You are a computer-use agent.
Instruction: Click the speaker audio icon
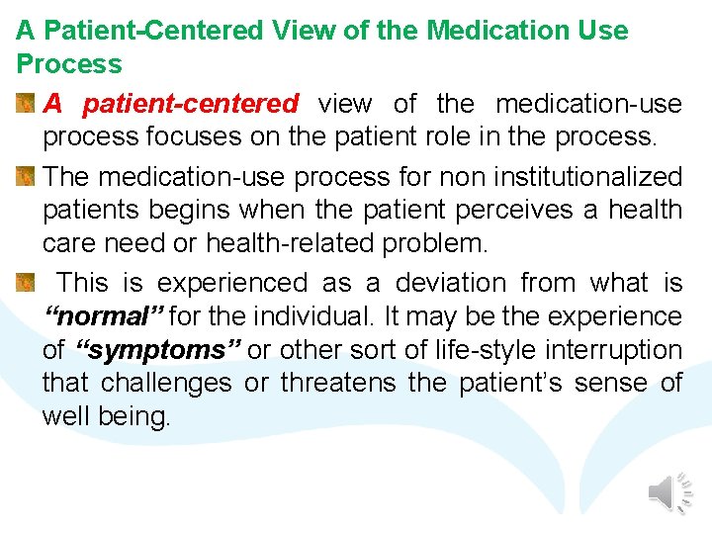pos(669,492)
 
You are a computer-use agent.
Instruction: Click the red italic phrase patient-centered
pos(190,104)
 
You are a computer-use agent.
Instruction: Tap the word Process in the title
pos(69,64)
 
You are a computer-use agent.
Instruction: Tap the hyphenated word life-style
pos(456,351)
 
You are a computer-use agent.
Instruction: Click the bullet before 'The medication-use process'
pos(27,177)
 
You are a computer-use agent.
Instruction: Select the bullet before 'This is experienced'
pos(27,284)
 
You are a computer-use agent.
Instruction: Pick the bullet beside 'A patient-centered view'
pos(27,104)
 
